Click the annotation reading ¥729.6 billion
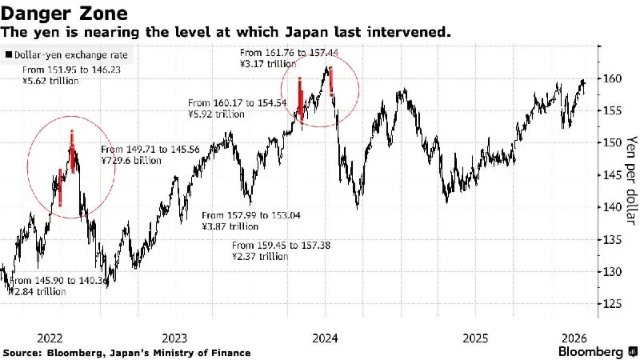pyautogui.click(x=130, y=161)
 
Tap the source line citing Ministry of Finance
pyautogui.click(x=126, y=353)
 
